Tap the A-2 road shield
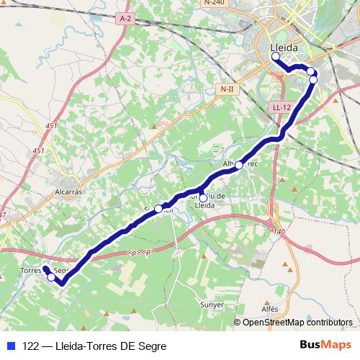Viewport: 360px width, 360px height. tap(126, 17)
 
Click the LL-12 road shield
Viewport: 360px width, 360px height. tap(282, 107)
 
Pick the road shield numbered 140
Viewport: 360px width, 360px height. tap(279, 230)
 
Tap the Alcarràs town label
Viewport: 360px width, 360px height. tap(71, 192)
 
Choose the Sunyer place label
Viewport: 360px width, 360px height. tap(212, 305)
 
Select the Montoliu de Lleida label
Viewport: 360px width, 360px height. tap(209, 200)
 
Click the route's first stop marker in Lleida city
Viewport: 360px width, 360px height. tap(275, 55)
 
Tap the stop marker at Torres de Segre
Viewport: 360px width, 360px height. tap(50, 276)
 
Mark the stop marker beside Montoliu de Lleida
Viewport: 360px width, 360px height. tap(203, 198)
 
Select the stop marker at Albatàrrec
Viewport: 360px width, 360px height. tap(239, 165)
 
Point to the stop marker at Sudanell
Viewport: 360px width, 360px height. tap(158, 209)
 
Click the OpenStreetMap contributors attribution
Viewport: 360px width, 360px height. tap(297, 323)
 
